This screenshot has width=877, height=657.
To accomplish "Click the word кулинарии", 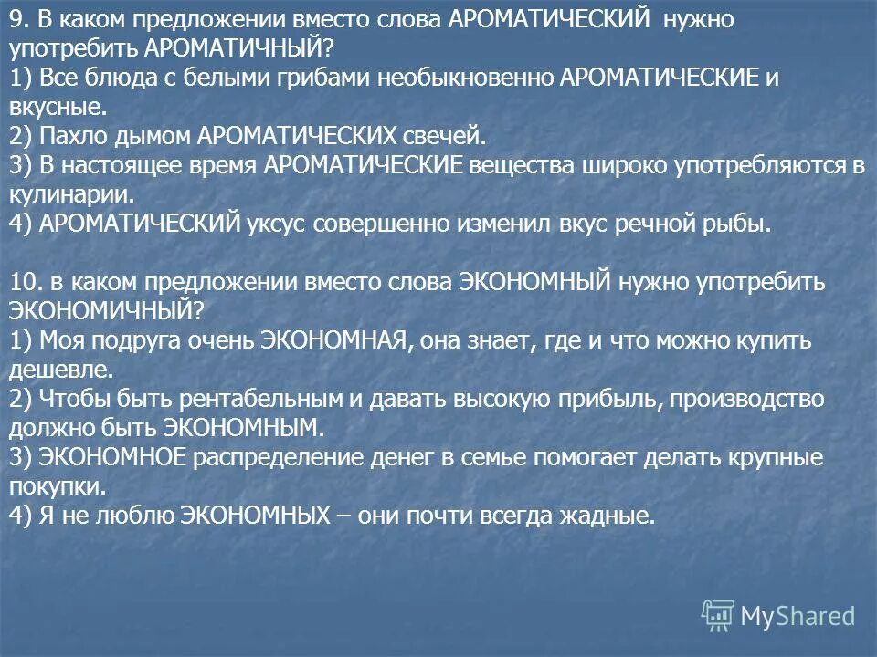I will [x=71, y=194].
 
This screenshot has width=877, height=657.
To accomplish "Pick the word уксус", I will [x=279, y=224].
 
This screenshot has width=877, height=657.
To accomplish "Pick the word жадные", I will [x=607, y=515].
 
